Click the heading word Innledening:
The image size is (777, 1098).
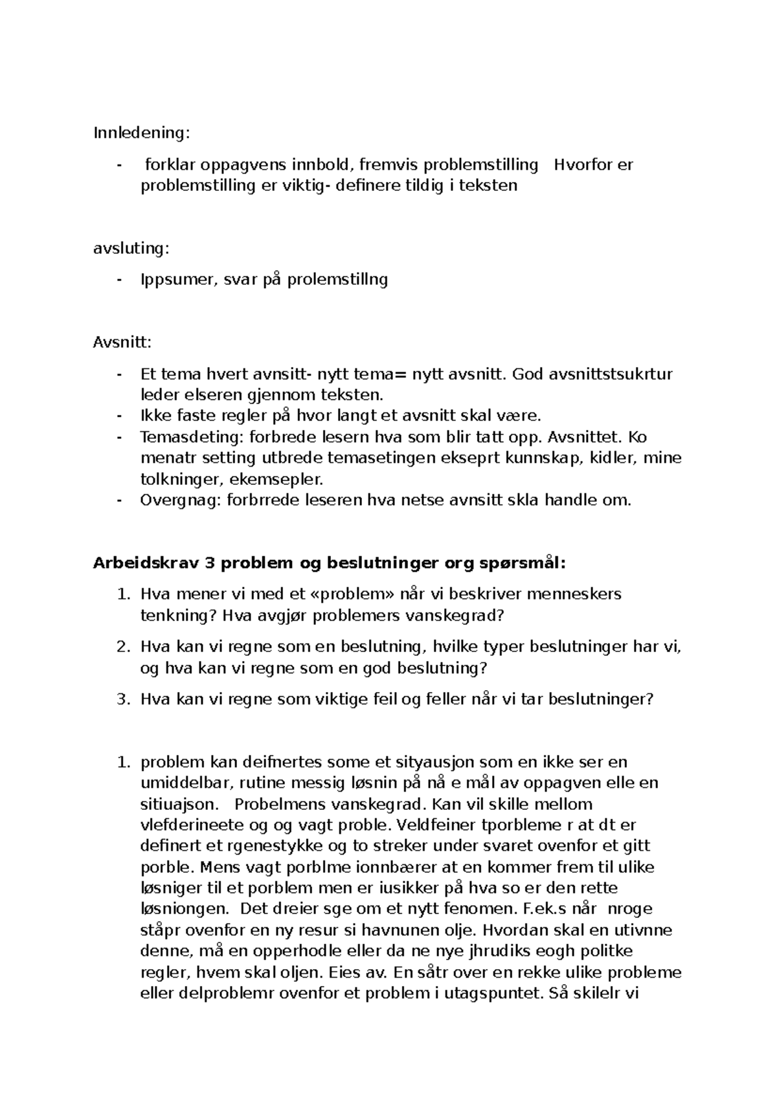pyautogui.click(x=142, y=133)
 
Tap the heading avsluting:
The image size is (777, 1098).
pyautogui.click(x=131, y=248)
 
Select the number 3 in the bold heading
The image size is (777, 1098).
pyautogui.click(x=209, y=563)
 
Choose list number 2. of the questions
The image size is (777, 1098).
pyautogui.click(x=124, y=647)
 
